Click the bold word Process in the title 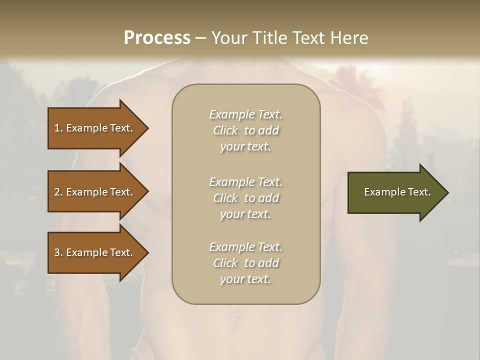(157, 38)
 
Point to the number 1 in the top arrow (57, 128)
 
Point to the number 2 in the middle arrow (57, 192)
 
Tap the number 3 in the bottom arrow (57, 252)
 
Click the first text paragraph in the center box (245, 130)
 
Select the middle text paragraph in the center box (245, 198)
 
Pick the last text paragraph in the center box (245, 263)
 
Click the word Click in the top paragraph (225, 130)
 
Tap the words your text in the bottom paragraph (245, 279)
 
